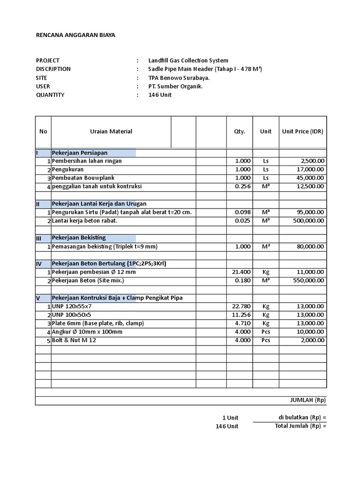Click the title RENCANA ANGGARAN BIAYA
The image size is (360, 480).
click(75, 35)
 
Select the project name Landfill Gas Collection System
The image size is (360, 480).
click(188, 60)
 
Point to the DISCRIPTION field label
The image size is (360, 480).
click(53, 69)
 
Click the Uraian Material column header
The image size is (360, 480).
click(111, 132)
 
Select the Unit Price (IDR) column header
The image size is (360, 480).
click(302, 132)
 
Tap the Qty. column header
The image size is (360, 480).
click(240, 132)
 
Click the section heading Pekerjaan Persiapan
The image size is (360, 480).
click(80, 153)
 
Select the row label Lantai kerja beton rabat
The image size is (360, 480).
click(84, 221)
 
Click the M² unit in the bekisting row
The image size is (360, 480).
click(266, 247)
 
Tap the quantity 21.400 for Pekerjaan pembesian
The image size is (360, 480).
click(242, 272)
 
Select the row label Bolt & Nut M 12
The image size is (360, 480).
click(74, 340)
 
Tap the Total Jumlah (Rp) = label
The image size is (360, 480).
click(300, 426)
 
